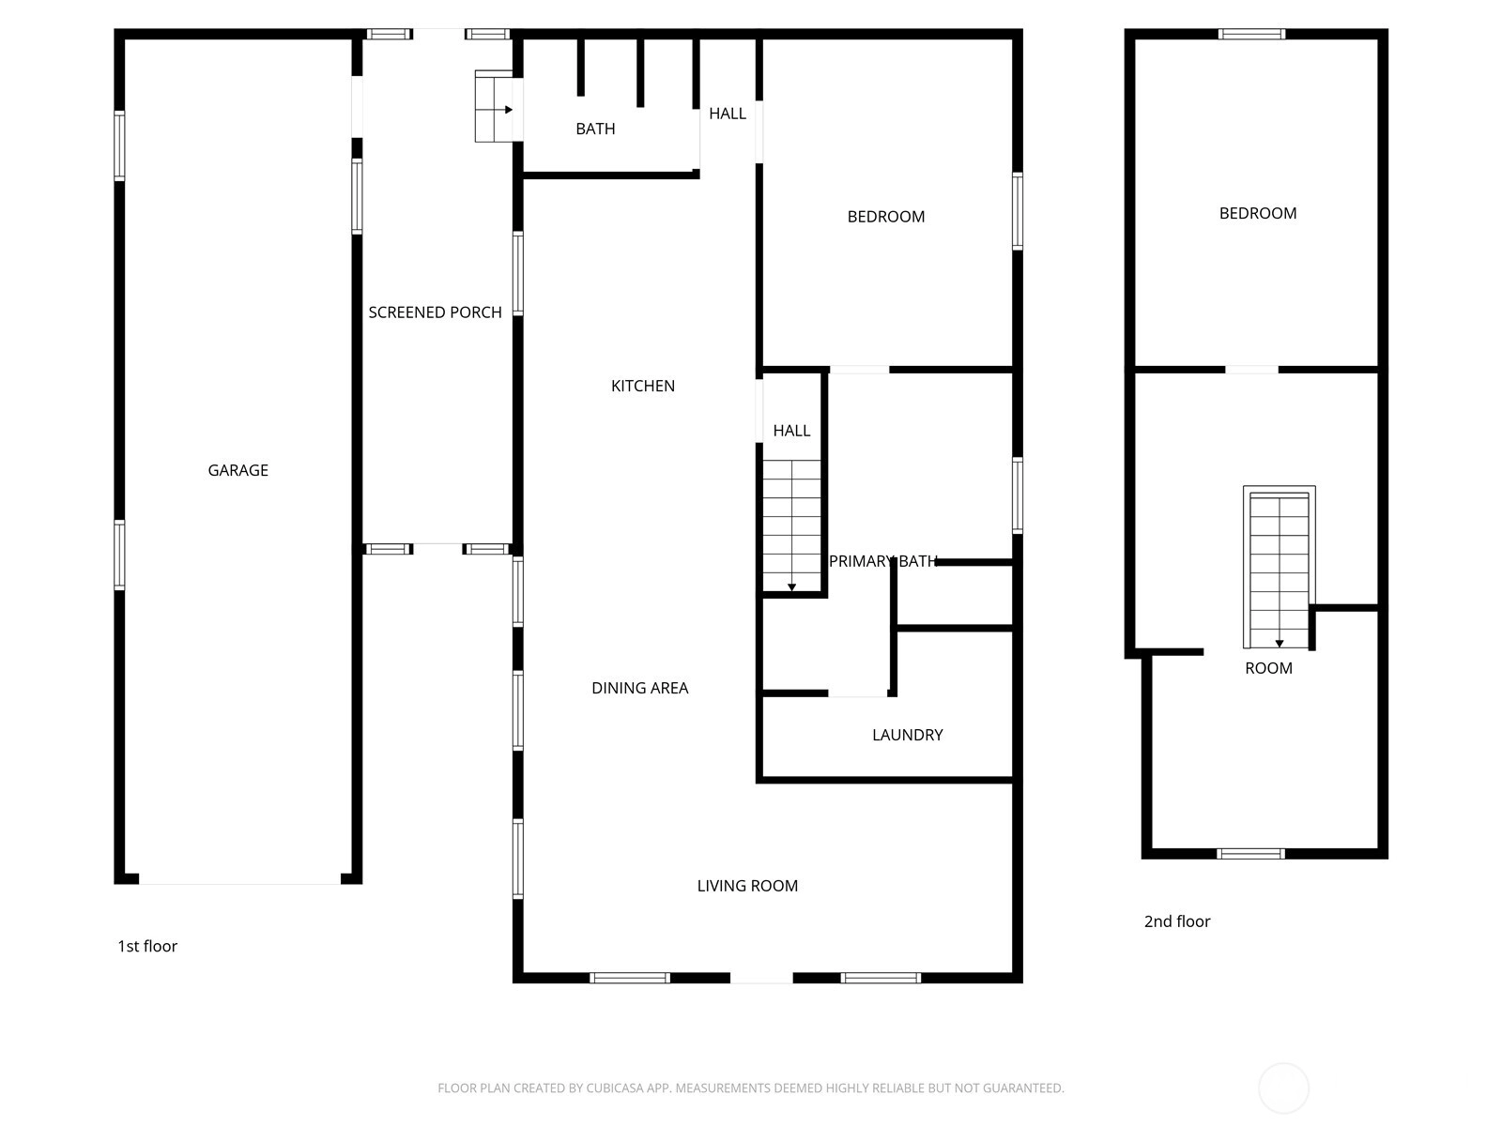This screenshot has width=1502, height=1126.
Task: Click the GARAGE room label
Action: [238, 470]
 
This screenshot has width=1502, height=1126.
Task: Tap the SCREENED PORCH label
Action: [436, 312]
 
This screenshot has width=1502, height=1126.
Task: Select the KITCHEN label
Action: [642, 387]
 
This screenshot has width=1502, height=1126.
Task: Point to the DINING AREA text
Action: [640, 688]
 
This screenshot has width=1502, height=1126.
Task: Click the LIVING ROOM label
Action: [747, 886]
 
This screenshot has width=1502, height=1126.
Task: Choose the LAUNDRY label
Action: [908, 735]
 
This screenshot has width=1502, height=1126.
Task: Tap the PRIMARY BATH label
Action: [882, 561]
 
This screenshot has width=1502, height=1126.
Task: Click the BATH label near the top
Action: [595, 129]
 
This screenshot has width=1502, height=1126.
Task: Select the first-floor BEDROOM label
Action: [886, 217]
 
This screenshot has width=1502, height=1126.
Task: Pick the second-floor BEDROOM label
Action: [1258, 213]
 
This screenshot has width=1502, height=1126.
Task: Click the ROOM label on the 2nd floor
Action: [1268, 669]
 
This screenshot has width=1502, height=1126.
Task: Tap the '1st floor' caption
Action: [147, 946]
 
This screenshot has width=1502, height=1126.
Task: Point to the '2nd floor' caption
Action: [1177, 921]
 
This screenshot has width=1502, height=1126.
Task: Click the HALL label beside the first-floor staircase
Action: [791, 431]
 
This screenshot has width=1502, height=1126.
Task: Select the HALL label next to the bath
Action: [728, 114]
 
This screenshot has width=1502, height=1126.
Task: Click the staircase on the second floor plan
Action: [1279, 567]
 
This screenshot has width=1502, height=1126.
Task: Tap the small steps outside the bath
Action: [494, 107]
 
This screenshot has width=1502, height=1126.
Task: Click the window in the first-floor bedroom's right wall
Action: [1018, 211]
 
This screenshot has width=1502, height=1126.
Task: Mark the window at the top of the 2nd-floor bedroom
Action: [1251, 34]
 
